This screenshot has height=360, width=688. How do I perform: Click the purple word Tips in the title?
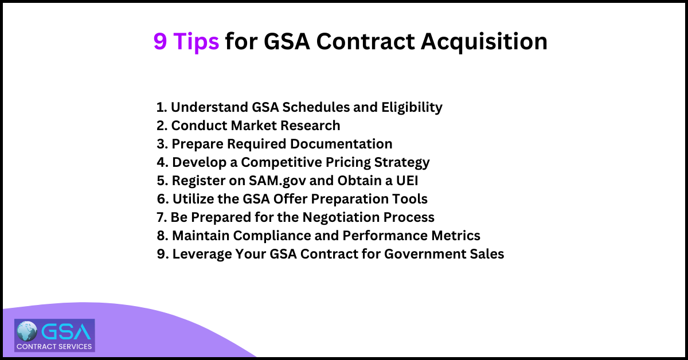[196, 41]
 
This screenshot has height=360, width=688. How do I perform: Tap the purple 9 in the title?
[160, 41]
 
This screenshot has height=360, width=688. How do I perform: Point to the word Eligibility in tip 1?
[412, 107]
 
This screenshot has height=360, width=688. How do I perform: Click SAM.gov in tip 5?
[277, 181]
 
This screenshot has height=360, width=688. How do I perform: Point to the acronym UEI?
[408, 181]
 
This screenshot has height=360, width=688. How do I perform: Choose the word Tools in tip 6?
[410, 199]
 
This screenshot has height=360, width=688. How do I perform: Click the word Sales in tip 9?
[487, 254]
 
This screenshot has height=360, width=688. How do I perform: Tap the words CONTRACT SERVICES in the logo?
[54, 346]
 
